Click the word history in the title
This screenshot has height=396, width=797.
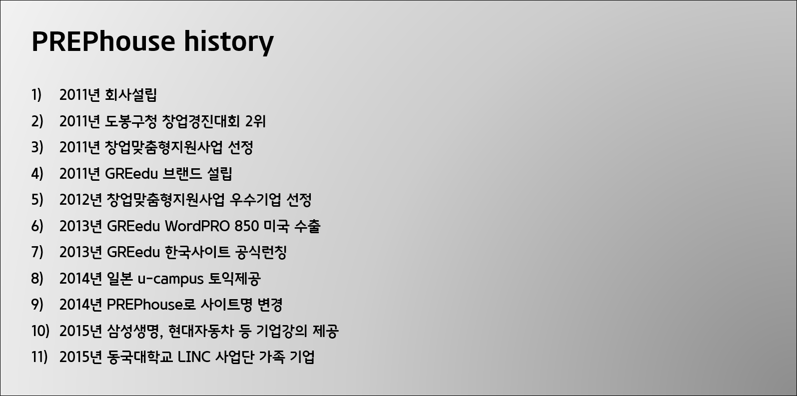[228, 42]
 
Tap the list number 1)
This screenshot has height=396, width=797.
[36, 95]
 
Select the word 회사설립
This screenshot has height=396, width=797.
[131, 95]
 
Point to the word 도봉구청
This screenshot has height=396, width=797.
[131, 121]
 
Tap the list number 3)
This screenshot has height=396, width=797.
[37, 148]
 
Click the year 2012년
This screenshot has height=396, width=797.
[80, 200]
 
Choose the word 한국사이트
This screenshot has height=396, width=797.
[197, 253]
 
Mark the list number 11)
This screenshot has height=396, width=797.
[39, 358]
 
